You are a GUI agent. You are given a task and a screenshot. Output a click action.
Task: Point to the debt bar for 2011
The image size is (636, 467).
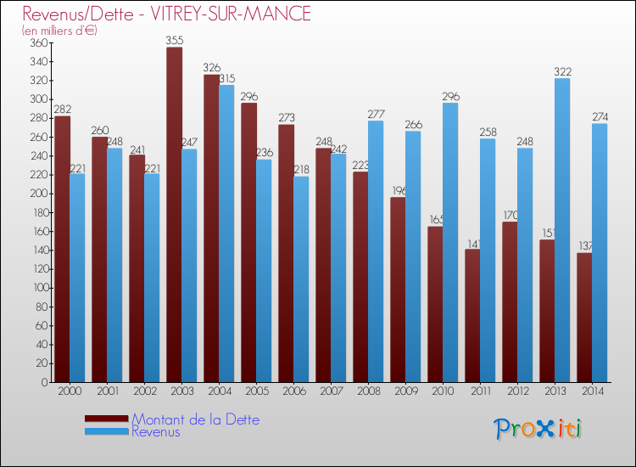472,315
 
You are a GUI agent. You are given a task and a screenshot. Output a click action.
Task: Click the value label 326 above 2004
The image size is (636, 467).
211,68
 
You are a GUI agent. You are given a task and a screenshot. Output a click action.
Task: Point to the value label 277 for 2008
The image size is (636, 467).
376,114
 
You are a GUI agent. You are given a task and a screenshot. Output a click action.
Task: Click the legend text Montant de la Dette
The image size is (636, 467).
195,419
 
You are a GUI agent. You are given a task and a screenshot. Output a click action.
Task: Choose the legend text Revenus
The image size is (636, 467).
156,432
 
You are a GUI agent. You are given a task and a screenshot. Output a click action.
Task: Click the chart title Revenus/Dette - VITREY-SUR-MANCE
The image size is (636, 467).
166,14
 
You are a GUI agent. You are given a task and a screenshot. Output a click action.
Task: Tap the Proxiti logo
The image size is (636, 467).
538,429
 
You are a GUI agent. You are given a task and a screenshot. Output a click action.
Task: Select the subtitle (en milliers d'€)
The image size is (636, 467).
59,31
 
